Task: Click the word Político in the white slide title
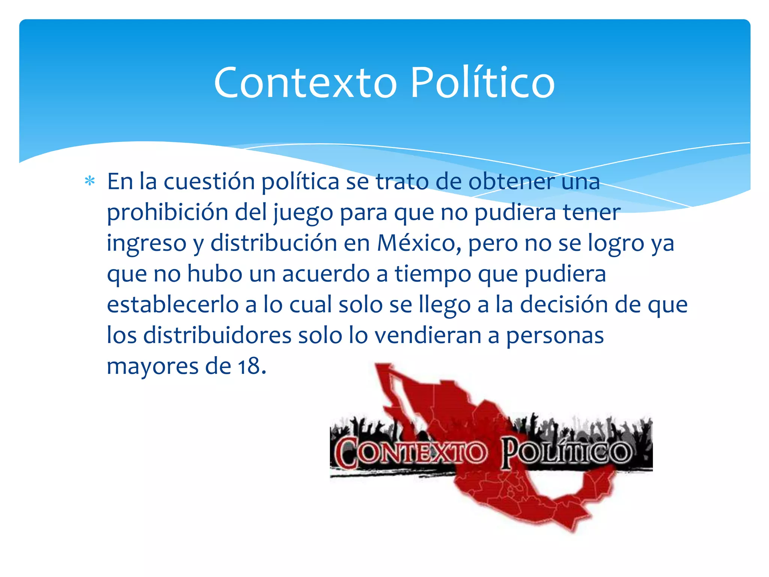[x=482, y=83]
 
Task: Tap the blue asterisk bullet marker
[x=90, y=181]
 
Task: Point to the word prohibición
[x=167, y=213]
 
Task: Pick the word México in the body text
[x=419, y=243]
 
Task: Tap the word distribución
[x=273, y=243]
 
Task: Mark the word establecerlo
[x=173, y=305]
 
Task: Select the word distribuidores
[x=217, y=335]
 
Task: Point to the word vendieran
[x=428, y=335]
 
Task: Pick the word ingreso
[x=146, y=244]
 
